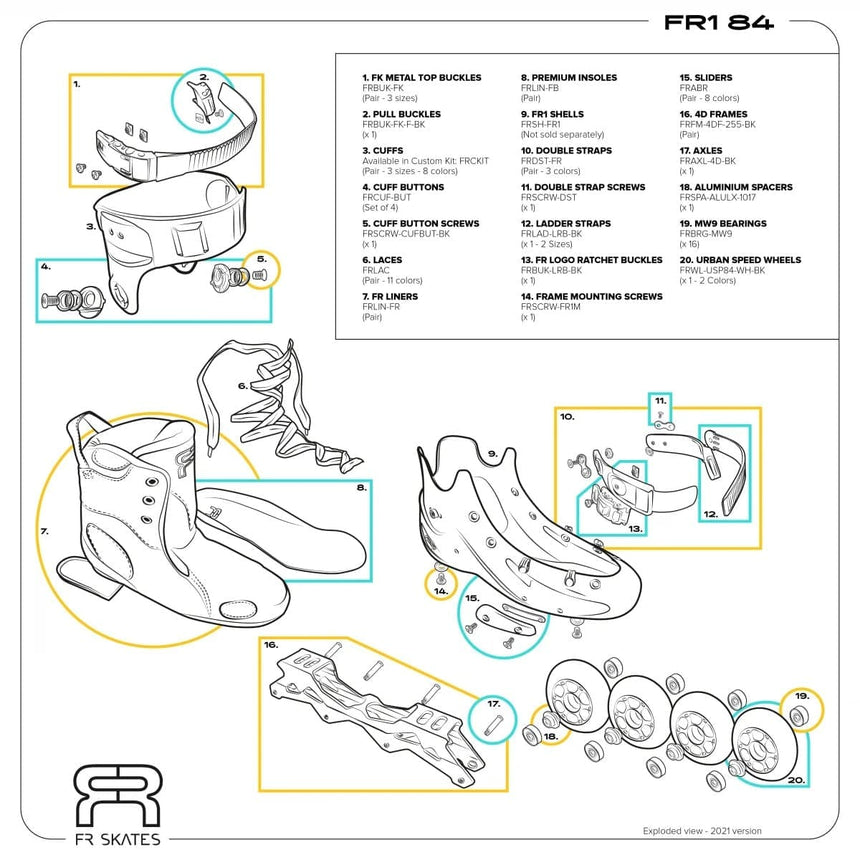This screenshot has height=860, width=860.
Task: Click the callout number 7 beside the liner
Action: point(45,531)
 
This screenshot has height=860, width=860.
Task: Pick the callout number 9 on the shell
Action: point(492,453)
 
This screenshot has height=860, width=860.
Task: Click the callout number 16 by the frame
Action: point(271,646)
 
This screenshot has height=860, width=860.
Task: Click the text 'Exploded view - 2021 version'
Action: point(701,830)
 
